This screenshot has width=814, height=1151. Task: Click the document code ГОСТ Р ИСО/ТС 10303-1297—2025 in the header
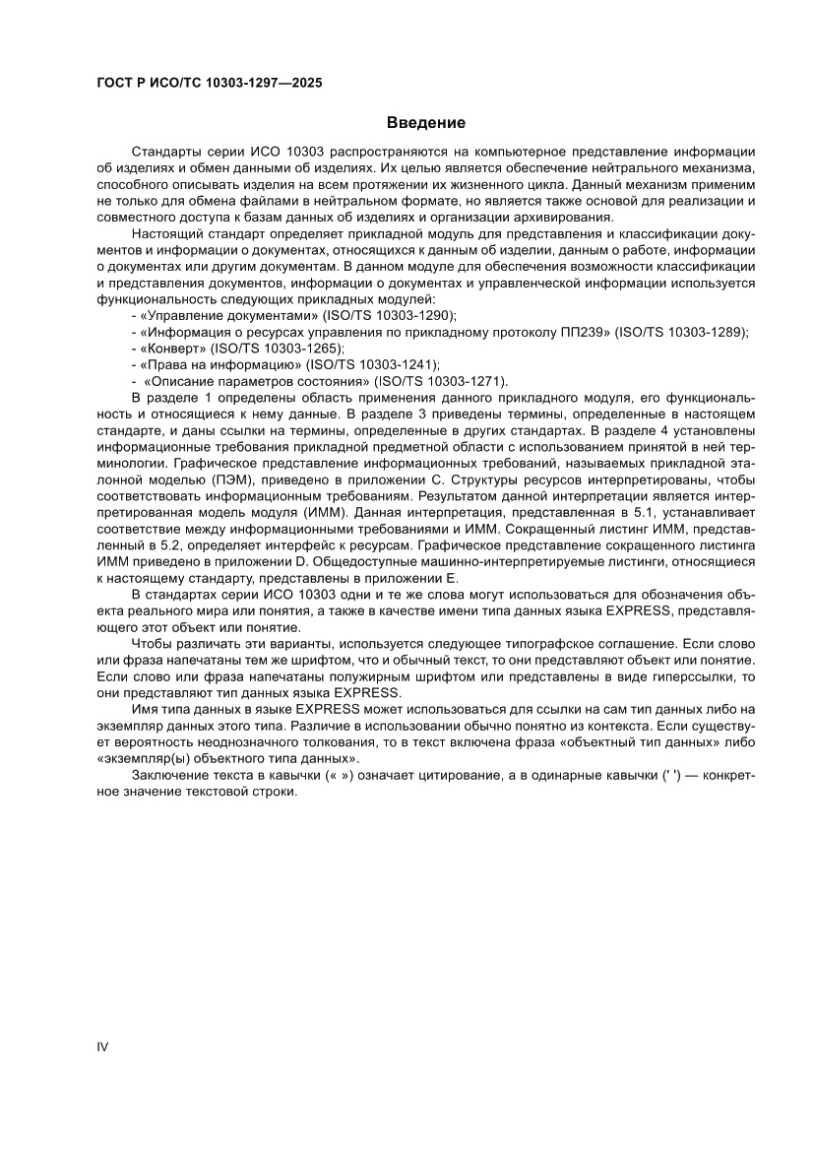tap(210, 84)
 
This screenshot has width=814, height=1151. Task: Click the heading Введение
tap(425, 123)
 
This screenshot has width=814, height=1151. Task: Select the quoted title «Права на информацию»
tap(219, 364)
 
